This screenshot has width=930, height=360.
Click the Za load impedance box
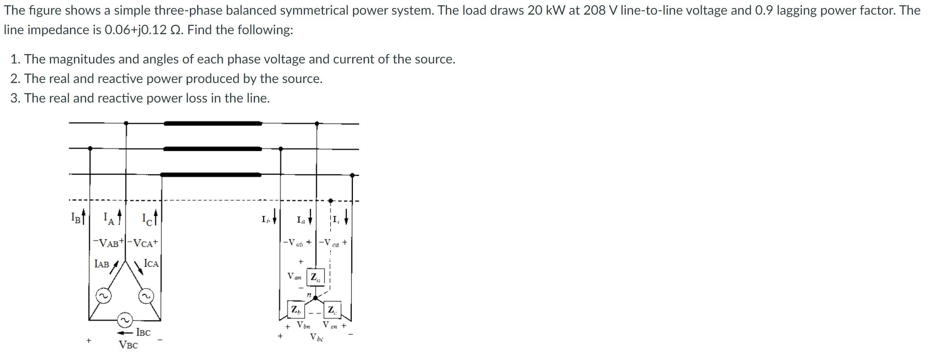tap(316, 277)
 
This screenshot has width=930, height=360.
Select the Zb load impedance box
tap(296, 310)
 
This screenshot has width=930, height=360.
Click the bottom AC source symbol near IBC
tap(125, 320)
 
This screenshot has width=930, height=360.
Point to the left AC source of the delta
tap(103, 296)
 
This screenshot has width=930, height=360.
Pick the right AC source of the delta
tap(146, 296)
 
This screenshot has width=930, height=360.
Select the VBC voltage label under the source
tap(128, 345)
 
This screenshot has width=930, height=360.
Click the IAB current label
tap(102, 264)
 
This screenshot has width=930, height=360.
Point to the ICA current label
tap(151, 264)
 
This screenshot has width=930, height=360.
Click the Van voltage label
tap(294, 276)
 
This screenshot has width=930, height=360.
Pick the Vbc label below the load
tap(316, 337)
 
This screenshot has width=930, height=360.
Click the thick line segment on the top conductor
tap(213, 123)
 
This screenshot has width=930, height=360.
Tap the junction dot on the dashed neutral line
tap(331, 201)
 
